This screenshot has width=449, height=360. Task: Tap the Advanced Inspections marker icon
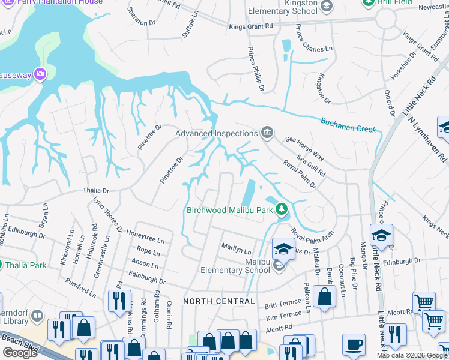(x=267, y=133)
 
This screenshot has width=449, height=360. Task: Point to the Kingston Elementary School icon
(x=327, y=7)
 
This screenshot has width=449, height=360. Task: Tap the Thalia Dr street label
(x=95, y=191)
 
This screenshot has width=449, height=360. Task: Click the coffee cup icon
(x=354, y=345)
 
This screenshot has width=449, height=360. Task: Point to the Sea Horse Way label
(x=304, y=149)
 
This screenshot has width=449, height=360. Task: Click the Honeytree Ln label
(x=145, y=239)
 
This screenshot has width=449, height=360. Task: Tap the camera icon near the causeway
(x=40, y=74)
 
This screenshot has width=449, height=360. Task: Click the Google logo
(x=20, y=352)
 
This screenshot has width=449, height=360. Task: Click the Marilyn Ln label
(x=236, y=247)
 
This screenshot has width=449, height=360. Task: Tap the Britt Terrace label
(x=282, y=305)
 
